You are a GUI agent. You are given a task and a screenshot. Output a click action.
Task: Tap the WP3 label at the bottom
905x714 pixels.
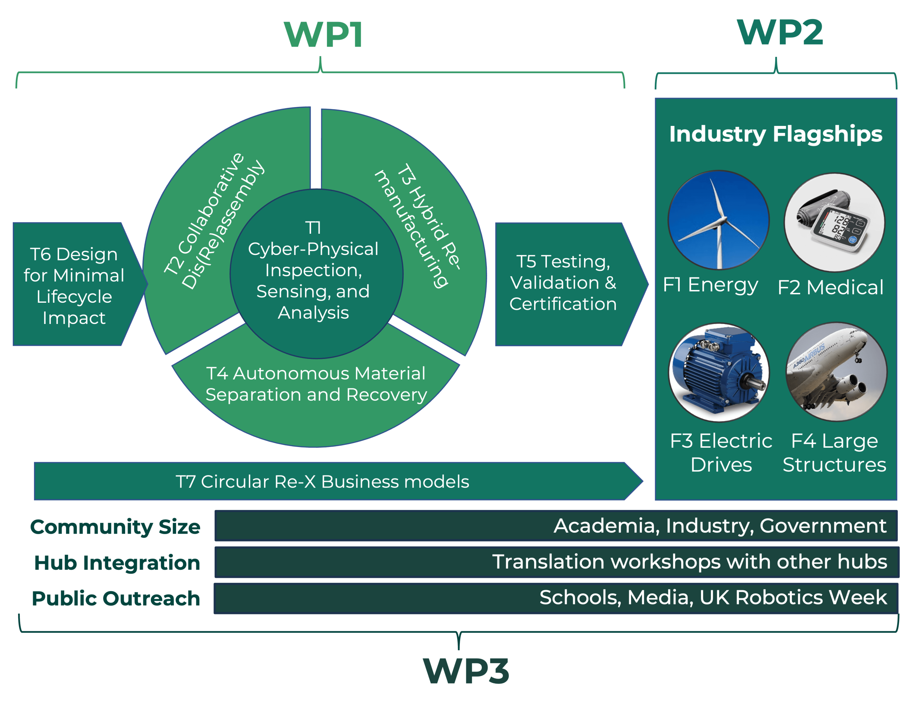pos(466,671)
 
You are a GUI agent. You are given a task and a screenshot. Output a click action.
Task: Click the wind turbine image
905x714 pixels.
pos(719,220)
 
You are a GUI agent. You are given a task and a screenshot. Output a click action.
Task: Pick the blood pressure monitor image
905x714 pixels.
pos(834,222)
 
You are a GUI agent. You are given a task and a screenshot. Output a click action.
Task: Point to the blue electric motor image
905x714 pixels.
pos(719,372)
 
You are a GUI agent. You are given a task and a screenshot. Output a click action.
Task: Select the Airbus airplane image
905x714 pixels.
pos(836,372)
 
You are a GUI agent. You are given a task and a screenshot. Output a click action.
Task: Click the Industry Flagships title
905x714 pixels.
pos(776,134)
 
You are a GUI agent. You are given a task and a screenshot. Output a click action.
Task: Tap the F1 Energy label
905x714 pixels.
pos(710,285)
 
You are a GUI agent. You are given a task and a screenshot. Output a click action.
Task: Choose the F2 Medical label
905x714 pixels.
pos(831,288)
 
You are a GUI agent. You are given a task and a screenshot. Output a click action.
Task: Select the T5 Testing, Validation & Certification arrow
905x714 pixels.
pos(563,283)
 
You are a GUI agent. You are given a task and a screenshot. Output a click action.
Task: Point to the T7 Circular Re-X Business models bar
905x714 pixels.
pos(322,482)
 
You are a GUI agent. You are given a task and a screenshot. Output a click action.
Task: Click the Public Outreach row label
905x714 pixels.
pos(116,598)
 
